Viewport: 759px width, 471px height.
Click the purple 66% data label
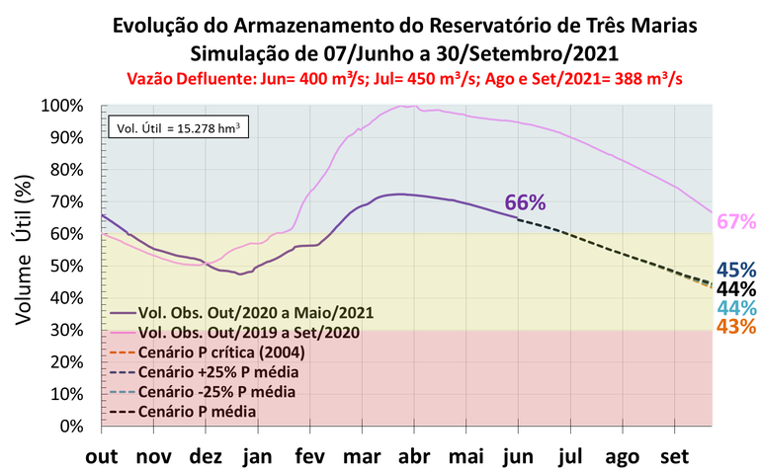[x=525, y=202]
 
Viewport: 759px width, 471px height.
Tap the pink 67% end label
[x=736, y=222]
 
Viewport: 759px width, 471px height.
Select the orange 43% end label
[x=736, y=326]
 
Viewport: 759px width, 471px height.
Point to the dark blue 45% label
[x=736, y=270]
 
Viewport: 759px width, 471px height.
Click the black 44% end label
[x=736, y=288]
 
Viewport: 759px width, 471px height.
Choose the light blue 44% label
[x=736, y=307]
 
